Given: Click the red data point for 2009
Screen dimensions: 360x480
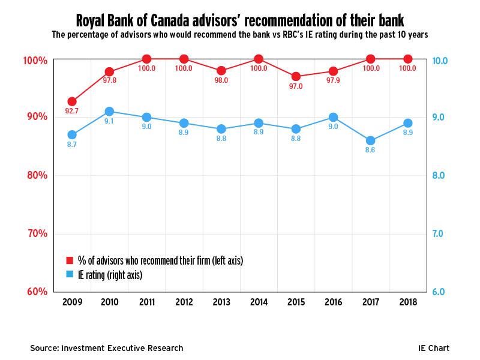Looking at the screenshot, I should click(x=72, y=101).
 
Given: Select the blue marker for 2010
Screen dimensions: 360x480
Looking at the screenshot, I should click(x=109, y=112).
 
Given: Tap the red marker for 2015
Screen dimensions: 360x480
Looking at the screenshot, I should click(x=296, y=77).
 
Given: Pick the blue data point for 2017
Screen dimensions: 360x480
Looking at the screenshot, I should click(x=371, y=140).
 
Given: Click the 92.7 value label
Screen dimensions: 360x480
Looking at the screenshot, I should click(x=72, y=111).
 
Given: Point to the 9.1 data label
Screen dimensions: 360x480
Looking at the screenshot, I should click(x=109, y=121).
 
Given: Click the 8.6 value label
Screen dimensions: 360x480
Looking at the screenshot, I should click(x=371, y=150).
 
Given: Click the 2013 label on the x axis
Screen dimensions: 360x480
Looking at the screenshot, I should click(x=221, y=302).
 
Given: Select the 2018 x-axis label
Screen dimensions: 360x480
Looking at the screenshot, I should click(x=408, y=302).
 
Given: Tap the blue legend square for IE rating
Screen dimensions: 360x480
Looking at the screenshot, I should click(x=70, y=274).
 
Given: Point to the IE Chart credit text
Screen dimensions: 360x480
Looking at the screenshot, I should click(x=434, y=348).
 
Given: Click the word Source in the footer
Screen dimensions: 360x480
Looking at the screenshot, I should click(x=45, y=348).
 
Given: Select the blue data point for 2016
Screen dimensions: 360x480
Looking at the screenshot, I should click(x=334, y=118).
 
